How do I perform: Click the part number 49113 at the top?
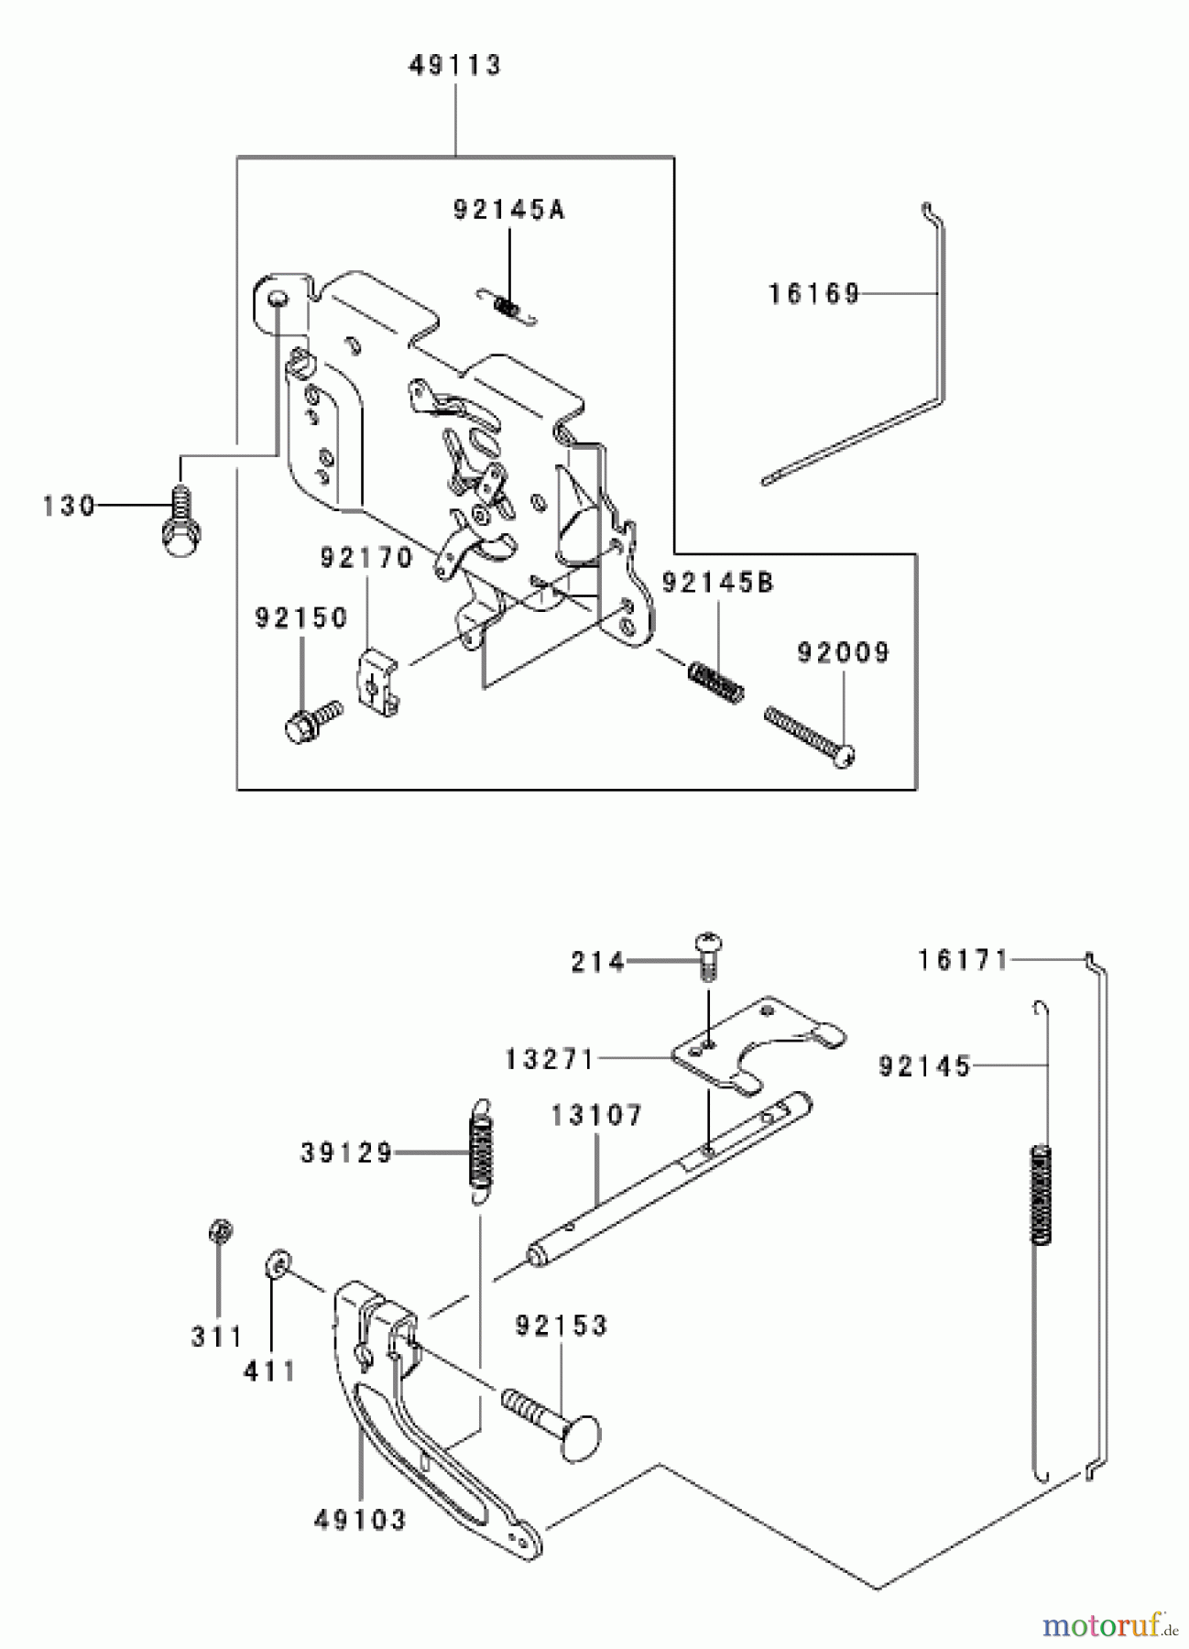tap(455, 67)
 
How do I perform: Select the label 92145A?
tap(509, 210)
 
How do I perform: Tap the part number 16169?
tap(814, 293)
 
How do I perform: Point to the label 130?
tap(70, 506)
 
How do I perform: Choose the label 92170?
tap(366, 558)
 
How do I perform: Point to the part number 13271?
tap(550, 1060)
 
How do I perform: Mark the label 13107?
tap(597, 1116)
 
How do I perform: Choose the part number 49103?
tap(360, 1520)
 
